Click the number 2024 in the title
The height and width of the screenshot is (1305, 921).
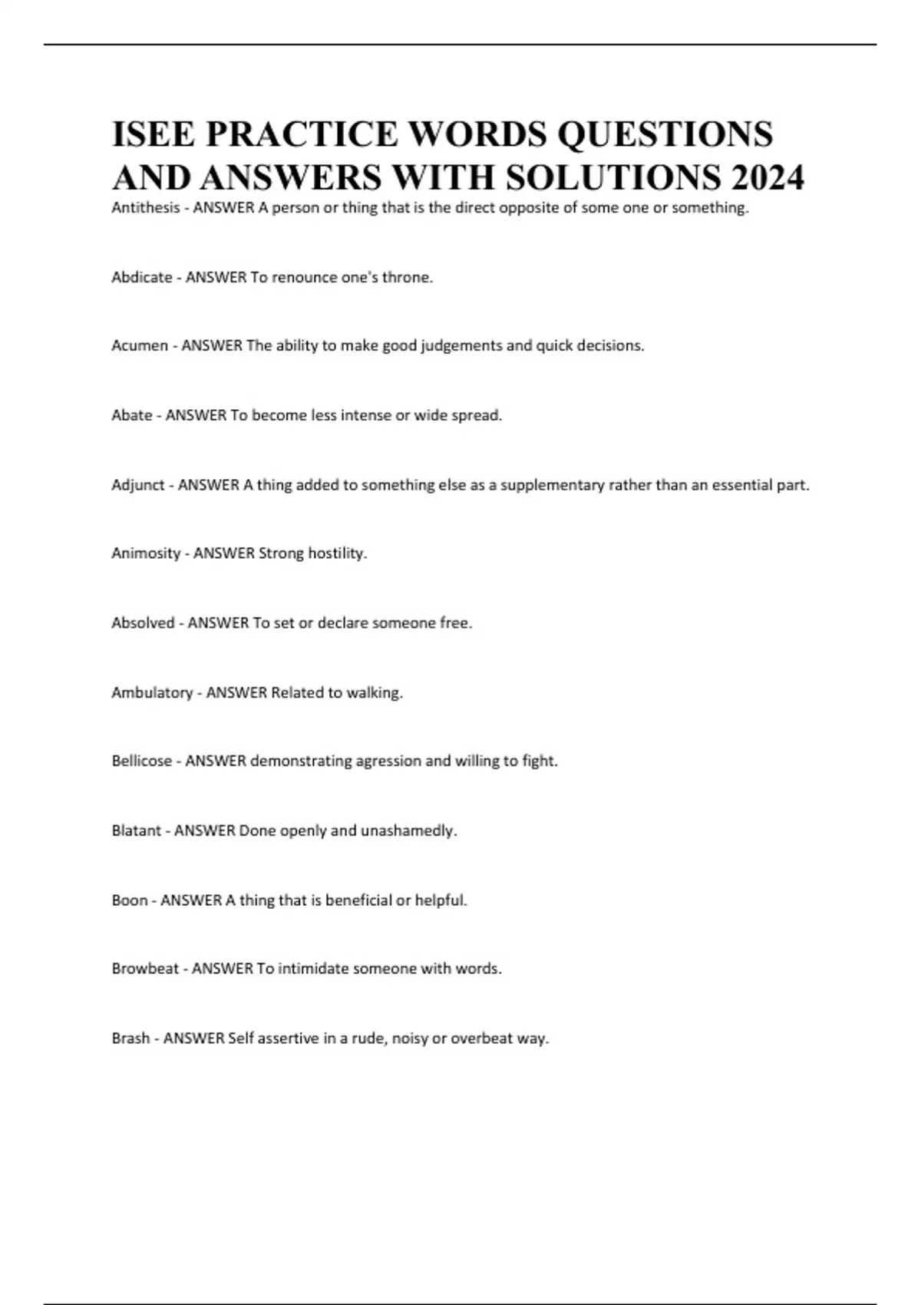pos(767,177)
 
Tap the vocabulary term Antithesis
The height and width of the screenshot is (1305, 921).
pos(145,207)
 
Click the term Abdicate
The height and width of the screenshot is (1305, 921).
pos(142,277)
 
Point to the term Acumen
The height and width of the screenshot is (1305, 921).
pos(140,345)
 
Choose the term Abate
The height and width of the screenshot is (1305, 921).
pos(132,415)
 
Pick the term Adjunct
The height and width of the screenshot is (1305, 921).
pos(138,484)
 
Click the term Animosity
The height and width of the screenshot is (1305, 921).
pos(146,553)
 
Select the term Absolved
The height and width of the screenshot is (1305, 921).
pos(143,623)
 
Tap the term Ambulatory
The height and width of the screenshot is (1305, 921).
pos(152,692)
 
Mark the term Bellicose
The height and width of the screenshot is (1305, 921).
pos(142,761)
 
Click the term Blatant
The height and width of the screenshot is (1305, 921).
pos(137,831)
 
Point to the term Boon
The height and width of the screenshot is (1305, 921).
pos(130,900)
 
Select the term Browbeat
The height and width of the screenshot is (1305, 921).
pos(145,969)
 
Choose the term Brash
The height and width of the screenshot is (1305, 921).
pos(130,1038)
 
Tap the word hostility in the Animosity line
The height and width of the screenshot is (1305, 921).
pos(337,553)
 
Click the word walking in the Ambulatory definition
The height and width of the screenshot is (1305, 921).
pos(375,692)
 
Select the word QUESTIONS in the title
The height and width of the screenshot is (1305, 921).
pos(665,134)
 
